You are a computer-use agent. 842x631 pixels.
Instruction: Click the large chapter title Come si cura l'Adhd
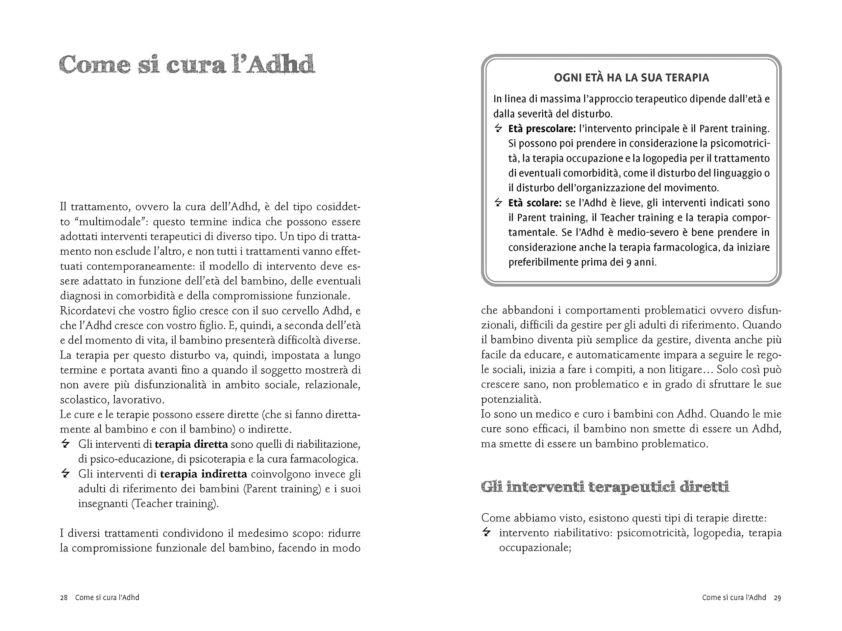pos(187,64)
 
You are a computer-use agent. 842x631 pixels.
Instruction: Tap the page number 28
pos(63,597)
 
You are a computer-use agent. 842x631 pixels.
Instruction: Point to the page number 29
pos(777,597)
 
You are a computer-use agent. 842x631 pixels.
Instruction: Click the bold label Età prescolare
pos(542,129)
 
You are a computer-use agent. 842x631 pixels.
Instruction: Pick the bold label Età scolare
pos(535,203)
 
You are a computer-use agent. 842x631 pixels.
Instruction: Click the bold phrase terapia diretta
pos(191,444)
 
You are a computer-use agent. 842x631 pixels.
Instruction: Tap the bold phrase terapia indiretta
pos(203,474)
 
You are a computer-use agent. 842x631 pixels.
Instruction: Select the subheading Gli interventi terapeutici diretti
pos(605,487)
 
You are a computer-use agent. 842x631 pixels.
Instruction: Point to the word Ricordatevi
pos(87,311)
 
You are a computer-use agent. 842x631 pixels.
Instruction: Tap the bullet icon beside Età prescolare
pos(498,129)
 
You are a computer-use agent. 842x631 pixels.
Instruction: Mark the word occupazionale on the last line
pos(535,548)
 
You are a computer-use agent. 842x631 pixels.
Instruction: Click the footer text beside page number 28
pos(107,597)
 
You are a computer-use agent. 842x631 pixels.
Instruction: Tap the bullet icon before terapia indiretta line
pos(65,474)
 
